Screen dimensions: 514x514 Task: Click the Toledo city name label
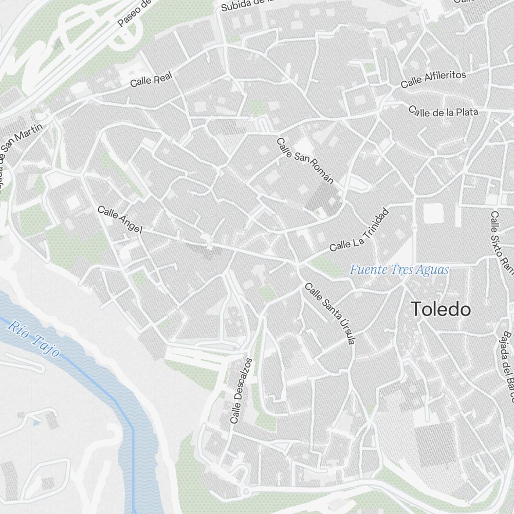point(441,309)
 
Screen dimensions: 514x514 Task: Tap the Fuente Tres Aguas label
point(399,270)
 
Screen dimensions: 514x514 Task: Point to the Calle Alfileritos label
point(433,79)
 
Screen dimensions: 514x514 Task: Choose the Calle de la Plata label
point(444,111)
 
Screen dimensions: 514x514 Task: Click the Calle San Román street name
point(305,160)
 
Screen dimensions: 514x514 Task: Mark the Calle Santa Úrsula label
point(329,313)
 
